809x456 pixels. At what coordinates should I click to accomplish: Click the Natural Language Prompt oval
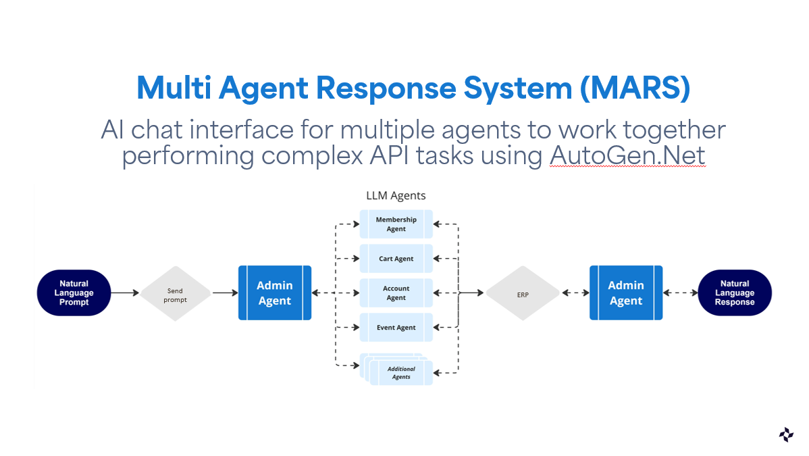point(74,293)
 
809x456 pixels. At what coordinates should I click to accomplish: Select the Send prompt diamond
point(176,293)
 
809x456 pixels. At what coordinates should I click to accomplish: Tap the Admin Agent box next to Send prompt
point(275,293)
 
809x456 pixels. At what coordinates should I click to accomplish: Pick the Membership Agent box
point(396,224)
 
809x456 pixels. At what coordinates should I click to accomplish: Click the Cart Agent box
point(396,258)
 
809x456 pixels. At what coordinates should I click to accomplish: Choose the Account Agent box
point(396,293)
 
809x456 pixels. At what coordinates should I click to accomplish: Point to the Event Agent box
point(396,328)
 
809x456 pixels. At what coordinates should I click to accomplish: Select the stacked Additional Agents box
point(397,370)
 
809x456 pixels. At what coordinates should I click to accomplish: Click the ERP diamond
point(523,293)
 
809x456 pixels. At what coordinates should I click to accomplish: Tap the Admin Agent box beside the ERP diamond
point(627,293)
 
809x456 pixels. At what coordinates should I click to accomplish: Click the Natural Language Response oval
point(735,293)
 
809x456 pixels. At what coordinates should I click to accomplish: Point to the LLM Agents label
point(396,196)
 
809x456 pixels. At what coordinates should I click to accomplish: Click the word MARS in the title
point(635,88)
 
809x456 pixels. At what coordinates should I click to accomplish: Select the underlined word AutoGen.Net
point(627,155)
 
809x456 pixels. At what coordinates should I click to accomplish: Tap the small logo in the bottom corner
point(786,435)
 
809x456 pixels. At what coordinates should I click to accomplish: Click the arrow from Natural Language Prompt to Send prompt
point(126,293)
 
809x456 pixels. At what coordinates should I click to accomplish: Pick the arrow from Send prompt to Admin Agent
point(226,293)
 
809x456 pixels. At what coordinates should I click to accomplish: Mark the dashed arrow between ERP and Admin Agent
point(575,293)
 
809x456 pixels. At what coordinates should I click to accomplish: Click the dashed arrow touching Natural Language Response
point(681,293)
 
